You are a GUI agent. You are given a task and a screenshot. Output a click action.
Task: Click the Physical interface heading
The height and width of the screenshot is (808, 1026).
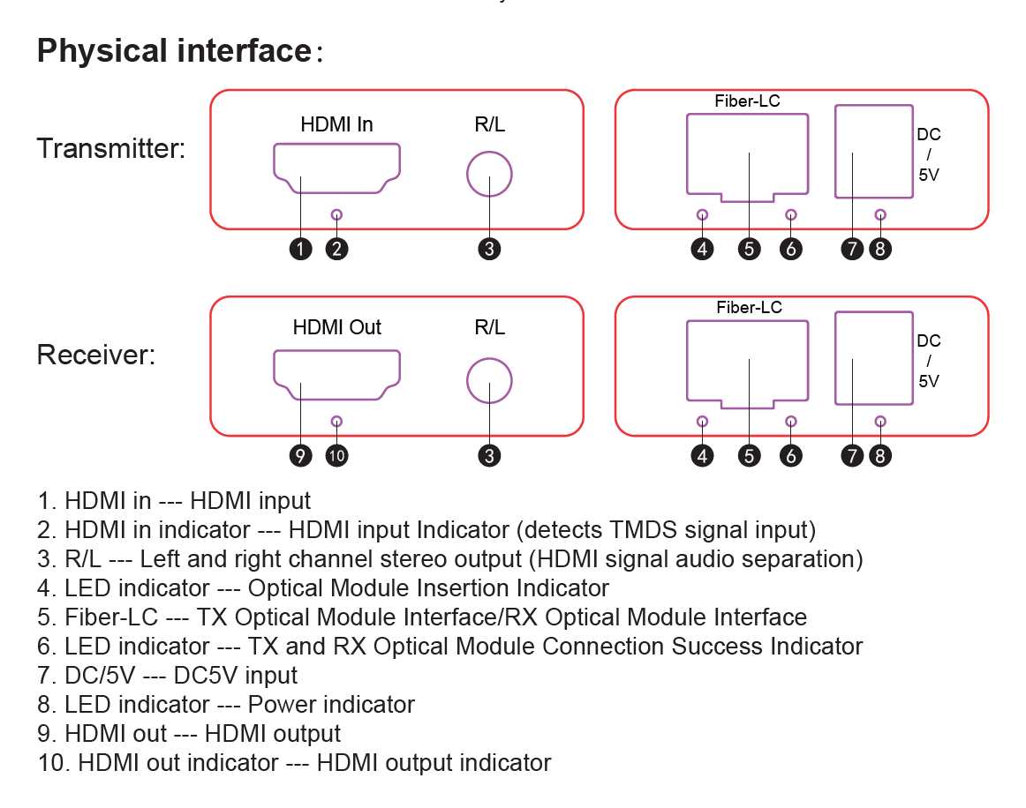click(180, 51)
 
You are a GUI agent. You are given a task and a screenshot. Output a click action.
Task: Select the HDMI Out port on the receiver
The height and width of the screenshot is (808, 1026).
click(336, 352)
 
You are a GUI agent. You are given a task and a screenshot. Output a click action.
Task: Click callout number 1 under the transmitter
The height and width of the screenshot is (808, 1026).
click(300, 249)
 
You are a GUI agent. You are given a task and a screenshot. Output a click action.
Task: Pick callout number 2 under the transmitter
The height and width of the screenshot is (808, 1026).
click(337, 249)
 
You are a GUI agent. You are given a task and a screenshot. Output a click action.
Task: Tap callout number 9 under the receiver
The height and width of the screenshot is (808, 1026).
click(300, 456)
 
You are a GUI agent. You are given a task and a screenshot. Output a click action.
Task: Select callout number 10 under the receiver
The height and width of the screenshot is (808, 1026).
click(337, 456)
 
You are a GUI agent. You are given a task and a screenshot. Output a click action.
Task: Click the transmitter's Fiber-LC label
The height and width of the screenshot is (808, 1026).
click(747, 101)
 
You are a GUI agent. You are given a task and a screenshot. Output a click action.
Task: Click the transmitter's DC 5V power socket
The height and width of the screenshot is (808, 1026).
click(835, 152)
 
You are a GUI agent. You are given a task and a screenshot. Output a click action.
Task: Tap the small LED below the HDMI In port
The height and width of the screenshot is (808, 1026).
click(337, 214)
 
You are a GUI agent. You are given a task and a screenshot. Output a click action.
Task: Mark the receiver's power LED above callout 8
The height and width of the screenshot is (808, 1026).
click(880, 422)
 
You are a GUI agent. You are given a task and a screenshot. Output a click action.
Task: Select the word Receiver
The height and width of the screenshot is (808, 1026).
click(96, 355)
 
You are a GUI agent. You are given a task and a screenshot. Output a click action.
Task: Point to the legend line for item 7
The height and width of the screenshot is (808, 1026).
click(168, 676)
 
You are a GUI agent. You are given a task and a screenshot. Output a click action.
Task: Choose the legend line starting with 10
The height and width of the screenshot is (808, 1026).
click(294, 763)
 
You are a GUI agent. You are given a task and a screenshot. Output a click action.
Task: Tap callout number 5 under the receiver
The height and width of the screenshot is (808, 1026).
click(750, 456)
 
